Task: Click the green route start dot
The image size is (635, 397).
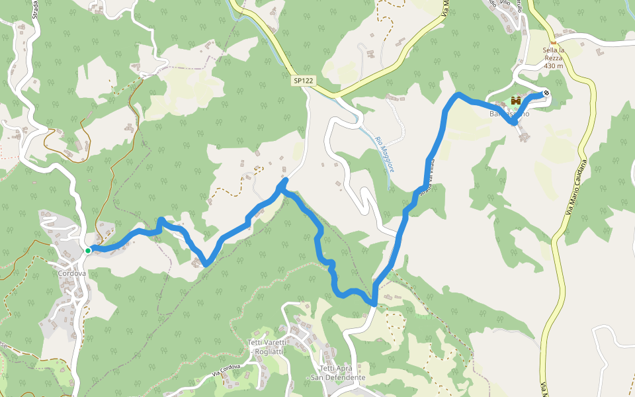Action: (87, 250)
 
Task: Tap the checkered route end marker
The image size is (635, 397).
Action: (546, 93)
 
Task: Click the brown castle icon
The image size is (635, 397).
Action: (515, 101)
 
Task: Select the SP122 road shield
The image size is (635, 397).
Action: (304, 81)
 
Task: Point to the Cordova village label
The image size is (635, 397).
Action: (72, 273)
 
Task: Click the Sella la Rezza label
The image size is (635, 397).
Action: (554, 58)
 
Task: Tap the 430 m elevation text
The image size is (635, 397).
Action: (554, 66)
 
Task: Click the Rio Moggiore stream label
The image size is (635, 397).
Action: (385, 154)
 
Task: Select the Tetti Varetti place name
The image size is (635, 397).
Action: (268, 342)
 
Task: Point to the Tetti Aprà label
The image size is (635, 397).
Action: (338, 369)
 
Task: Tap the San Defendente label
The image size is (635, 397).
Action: (339, 378)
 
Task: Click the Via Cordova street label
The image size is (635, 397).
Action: (230, 371)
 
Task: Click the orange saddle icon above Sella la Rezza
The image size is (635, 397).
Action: (554, 42)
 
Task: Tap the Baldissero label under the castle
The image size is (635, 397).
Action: (509, 114)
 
